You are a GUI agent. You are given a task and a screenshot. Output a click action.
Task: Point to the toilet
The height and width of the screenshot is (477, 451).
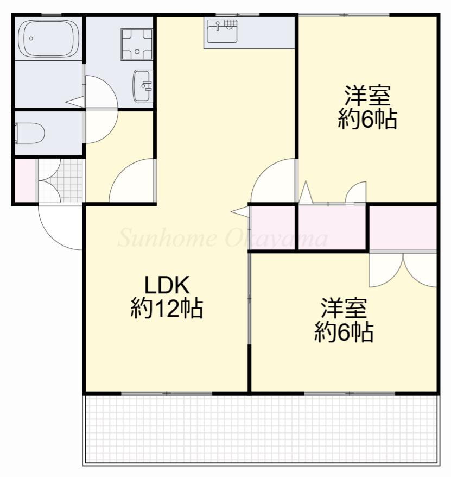coord(30,133)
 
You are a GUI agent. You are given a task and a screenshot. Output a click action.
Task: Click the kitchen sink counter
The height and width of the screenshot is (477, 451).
coord(222,33)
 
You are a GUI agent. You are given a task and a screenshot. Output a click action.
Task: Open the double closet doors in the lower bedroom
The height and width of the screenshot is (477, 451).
coord(404,269)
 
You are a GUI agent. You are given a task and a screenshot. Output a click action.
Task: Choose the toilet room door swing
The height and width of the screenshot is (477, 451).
coord(100,126)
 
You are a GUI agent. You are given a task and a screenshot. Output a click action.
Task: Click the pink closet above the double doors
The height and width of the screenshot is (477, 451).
coord(403,227)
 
